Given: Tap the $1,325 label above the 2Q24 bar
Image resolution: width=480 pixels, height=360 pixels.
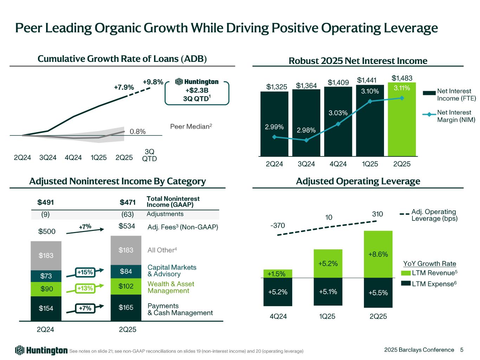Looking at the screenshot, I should (x=277, y=86).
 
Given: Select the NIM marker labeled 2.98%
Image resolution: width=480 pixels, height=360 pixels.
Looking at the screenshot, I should (x=306, y=140).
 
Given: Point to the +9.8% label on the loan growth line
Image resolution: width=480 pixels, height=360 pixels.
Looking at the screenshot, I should (x=153, y=82).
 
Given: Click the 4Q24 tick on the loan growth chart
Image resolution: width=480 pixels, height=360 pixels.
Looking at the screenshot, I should (x=73, y=157).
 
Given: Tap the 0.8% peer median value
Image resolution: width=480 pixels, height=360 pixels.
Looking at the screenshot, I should (x=137, y=132).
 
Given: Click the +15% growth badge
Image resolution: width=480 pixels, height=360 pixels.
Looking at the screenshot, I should (x=85, y=272).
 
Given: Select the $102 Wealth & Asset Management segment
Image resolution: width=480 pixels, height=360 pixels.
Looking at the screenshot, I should (x=126, y=286).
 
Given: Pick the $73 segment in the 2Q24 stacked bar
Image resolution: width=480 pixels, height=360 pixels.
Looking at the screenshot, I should (x=46, y=276).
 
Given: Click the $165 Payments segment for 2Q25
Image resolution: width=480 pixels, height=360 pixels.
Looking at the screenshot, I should (x=126, y=308).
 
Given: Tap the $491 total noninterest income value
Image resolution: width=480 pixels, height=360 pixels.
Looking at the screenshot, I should (x=46, y=202).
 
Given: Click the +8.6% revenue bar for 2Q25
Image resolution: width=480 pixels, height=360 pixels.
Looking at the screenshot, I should (x=378, y=254).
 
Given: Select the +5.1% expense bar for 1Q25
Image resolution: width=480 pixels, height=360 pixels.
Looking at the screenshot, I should (x=328, y=291).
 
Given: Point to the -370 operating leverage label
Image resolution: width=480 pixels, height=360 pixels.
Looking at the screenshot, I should (x=277, y=225).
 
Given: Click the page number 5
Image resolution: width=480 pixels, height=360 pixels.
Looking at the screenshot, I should (x=462, y=349).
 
